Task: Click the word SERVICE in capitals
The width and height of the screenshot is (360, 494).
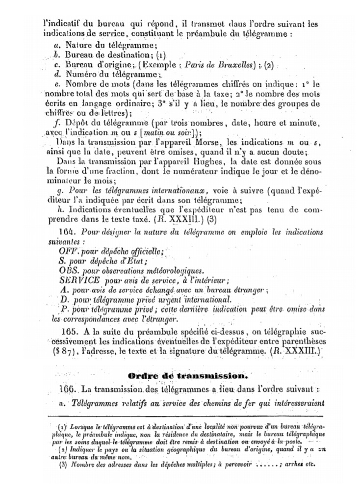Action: [x=79, y=280]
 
